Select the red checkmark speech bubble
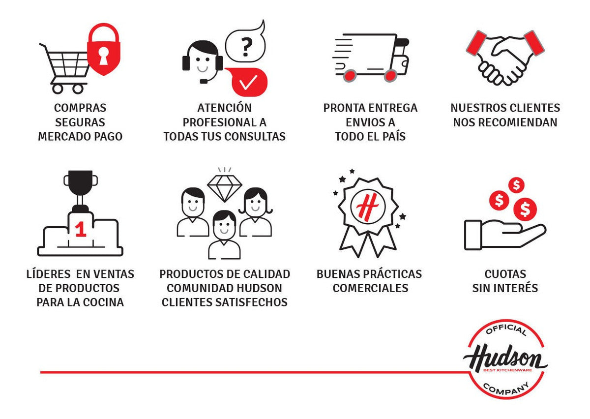[x=249, y=82]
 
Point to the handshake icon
[x=505, y=58]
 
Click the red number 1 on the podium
[x=81, y=230]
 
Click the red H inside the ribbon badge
[x=366, y=209]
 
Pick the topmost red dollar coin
[x=516, y=185]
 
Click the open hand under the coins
[x=504, y=235]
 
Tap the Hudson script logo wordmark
[x=505, y=359]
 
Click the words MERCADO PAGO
[x=80, y=137]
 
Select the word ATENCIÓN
[x=224, y=108]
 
